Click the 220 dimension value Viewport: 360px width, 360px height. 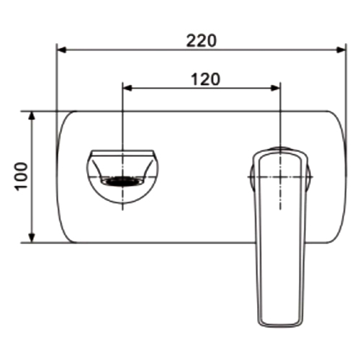(x=202, y=41)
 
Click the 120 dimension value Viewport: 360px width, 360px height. (x=205, y=79)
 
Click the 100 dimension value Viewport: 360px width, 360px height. (x=22, y=176)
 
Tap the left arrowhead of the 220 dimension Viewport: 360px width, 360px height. (x=62, y=50)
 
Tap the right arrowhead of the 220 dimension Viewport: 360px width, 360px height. (x=341, y=50)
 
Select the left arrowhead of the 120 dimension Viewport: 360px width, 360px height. (x=128, y=88)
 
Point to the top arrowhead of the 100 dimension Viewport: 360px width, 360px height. (x=32, y=116)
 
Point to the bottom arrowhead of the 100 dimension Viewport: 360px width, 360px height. (x=32, y=238)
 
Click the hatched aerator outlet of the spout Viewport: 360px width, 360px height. (x=122, y=181)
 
